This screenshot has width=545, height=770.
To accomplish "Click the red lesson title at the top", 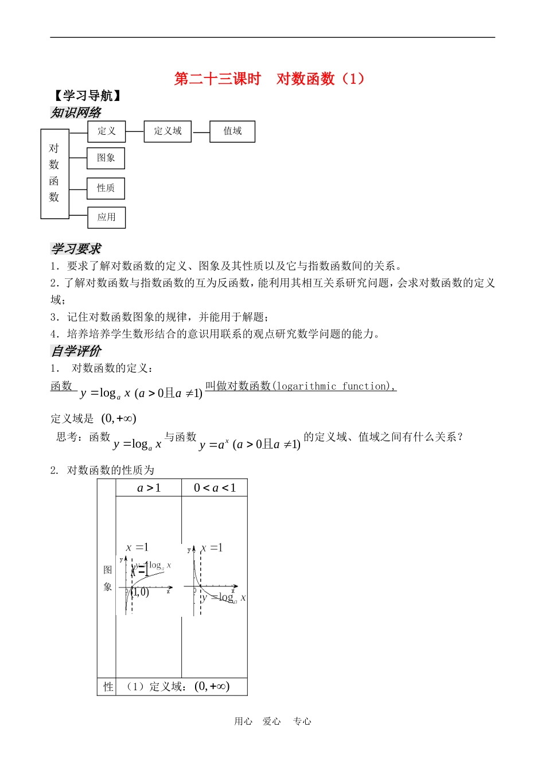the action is [x=269, y=79].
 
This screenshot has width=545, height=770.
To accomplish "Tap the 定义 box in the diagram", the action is [x=107, y=131].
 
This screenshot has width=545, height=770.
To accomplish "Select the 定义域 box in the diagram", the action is [x=168, y=131].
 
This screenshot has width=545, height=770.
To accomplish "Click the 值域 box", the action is [x=232, y=131].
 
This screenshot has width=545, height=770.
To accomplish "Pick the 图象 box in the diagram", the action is [x=106, y=158].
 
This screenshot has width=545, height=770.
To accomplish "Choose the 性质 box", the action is [x=106, y=188].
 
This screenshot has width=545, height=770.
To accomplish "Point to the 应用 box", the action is [x=107, y=217].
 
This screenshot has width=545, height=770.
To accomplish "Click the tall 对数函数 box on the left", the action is [x=54, y=173].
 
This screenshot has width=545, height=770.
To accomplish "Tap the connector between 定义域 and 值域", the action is [x=201, y=132].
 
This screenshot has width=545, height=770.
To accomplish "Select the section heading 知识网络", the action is [x=76, y=112].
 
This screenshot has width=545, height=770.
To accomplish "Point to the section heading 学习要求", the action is [x=76, y=249].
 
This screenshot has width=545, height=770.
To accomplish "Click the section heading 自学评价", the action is [x=76, y=351].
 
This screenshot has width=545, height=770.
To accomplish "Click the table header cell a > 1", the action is [x=149, y=488].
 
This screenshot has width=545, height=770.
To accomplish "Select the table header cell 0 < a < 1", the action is [x=215, y=488].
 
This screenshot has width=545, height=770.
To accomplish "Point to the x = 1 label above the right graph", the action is [x=212, y=548].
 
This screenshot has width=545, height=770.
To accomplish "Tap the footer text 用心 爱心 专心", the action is [x=272, y=721].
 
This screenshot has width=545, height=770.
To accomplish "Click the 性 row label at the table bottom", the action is [x=108, y=687].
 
